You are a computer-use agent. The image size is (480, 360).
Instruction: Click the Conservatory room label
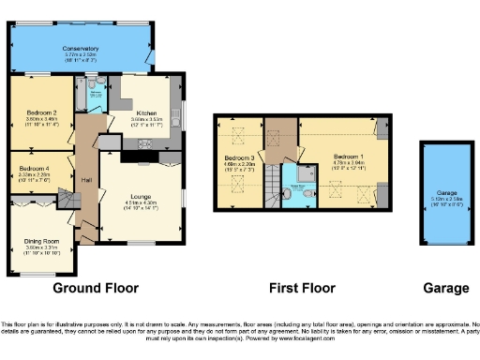click(x=81, y=48)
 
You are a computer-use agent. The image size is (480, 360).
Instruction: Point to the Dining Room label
click(x=41, y=242)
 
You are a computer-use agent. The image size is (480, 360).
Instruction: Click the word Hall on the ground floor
click(x=85, y=179)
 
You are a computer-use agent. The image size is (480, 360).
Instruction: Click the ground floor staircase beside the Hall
click(x=88, y=226)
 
